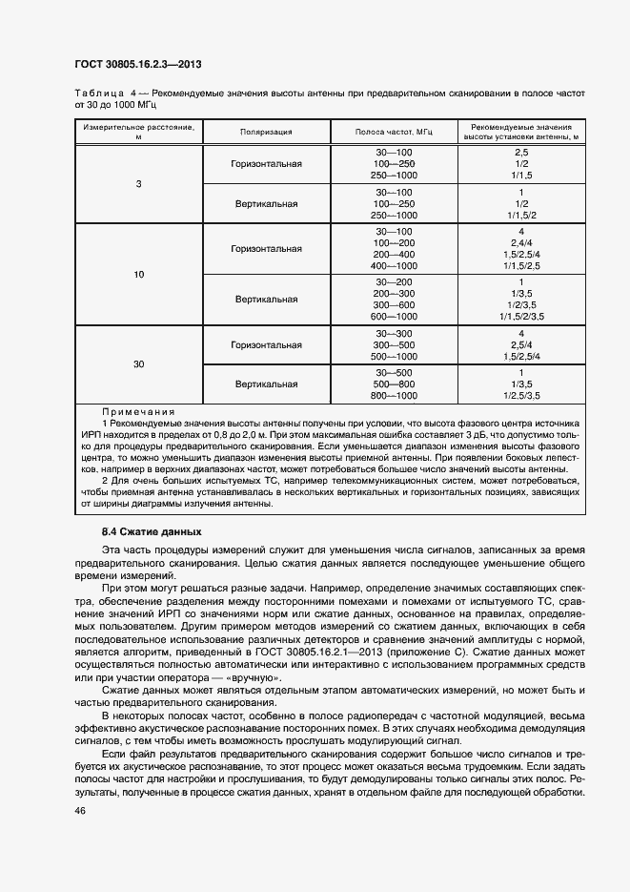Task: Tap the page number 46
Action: click(80, 810)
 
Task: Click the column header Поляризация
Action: click(266, 133)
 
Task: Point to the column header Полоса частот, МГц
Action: click(394, 133)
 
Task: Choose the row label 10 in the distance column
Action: click(138, 275)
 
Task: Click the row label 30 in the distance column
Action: click(138, 363)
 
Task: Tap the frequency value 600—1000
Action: click(395, 316)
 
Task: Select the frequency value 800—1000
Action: click(395, 395)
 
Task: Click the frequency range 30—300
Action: click(395, 333)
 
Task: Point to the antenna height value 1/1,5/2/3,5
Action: click(521, 316)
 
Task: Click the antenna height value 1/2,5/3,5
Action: click(521, 395)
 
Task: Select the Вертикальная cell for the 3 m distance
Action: click(266, 203)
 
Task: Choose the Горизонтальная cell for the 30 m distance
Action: click(266, 344)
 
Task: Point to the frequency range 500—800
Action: click(395, 384)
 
